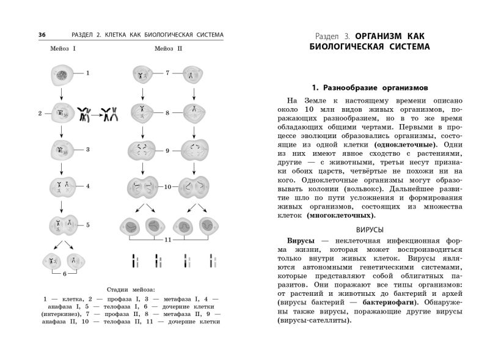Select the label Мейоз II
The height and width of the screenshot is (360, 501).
click(x=167, y=48)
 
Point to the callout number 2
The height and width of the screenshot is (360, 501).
click(x=40, y=114)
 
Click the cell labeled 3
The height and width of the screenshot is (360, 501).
click(x=62, y=149)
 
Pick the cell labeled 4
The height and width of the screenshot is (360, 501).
click(x=62, y=186)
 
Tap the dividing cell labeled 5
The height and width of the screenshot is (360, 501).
click(x=62, y=225)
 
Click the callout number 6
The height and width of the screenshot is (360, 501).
click(x=65, y=274)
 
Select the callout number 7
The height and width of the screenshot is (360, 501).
click(x=167, y=73)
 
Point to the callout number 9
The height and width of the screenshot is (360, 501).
click(x=167, y=150)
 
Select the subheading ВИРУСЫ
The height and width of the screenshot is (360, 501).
click(x=369, y=230)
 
